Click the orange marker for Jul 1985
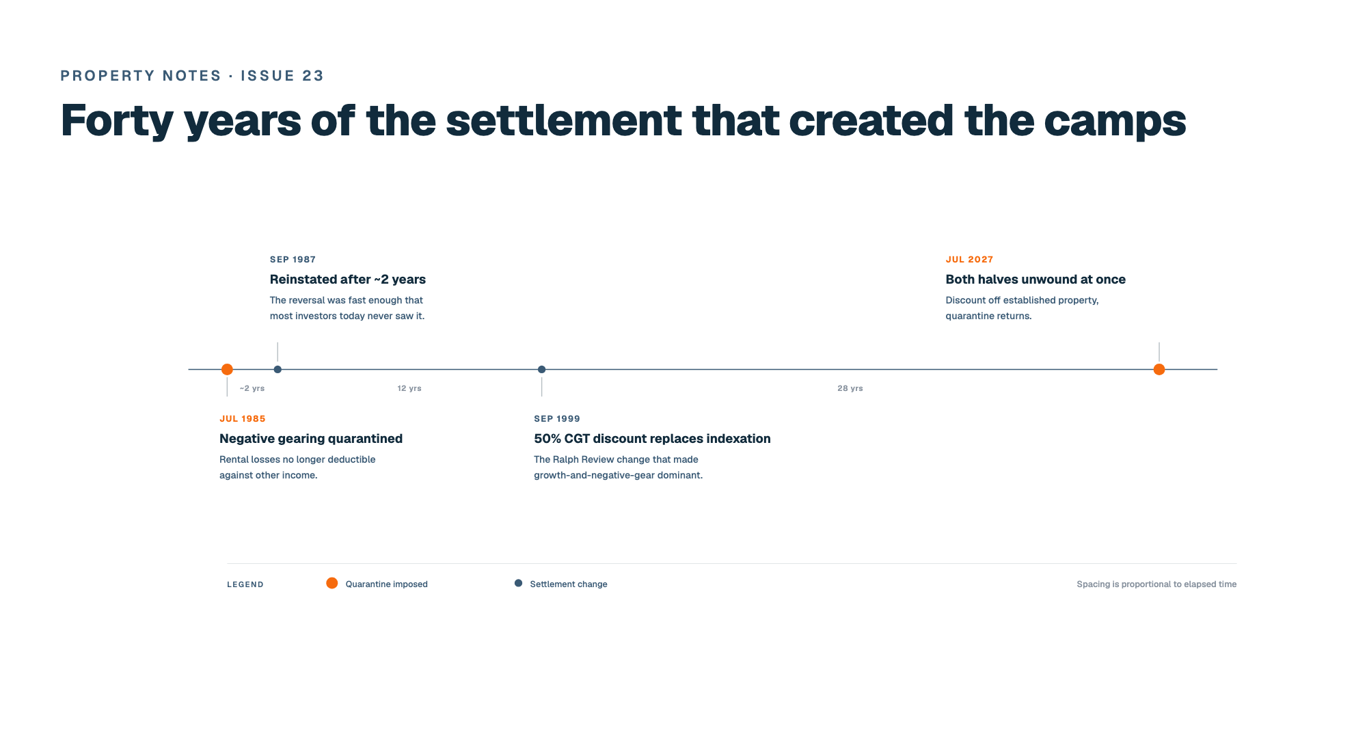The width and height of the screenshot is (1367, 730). (x=227, y=369)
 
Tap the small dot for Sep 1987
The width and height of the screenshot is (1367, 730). (x=278, y=369)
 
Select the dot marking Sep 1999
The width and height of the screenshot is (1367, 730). (x=541, y=369)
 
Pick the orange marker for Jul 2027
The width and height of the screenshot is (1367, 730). (x=1159, y=369)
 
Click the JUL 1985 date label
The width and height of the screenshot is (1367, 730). (x=243, y=419)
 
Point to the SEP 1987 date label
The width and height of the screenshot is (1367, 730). (x=293, y=260)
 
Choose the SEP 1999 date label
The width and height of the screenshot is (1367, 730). (x=557, y=419)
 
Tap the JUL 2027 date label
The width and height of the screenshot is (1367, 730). (x=969, y=260)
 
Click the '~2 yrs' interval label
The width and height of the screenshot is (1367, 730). (x=252, y=388)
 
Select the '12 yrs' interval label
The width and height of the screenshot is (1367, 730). (x=409, y=388)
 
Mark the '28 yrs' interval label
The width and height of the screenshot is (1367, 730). (x=850, y=388)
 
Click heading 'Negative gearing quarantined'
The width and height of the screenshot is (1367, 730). (x=311, y=439)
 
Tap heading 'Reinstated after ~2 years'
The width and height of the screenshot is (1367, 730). (x=348, y=280)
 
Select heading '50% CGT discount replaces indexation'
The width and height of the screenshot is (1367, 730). (x=652, y=439)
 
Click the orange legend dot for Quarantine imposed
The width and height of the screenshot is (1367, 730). (x=331, y=583)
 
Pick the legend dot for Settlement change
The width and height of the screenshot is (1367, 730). (x=518, y=583)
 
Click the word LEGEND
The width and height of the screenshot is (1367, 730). (x=245, y=584)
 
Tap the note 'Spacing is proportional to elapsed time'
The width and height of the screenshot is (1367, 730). (x=1156, y=584)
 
